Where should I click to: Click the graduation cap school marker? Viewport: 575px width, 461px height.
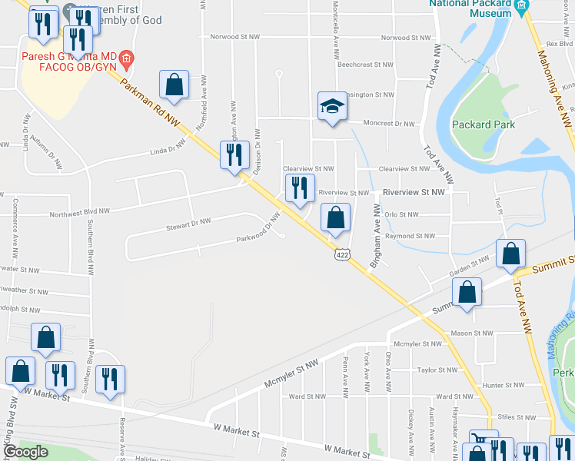(x=332, y=106)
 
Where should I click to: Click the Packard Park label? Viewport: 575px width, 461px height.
(x=484, y=124)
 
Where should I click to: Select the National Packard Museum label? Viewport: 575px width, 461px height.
(x=471, y=8)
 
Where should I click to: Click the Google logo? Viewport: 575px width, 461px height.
(x=25, y=452)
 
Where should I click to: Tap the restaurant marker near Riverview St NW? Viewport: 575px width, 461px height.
(x=300, y=187)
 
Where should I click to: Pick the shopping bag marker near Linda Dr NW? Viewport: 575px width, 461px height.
(x=174, y=85)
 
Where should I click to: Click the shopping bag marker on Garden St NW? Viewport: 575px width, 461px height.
(x=510, y=254)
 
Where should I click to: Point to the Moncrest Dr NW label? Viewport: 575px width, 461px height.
(x=388, y=123)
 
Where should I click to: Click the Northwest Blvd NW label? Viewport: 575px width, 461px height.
(x=80, y=211)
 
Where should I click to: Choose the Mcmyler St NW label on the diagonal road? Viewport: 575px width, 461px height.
(x=291, y=374)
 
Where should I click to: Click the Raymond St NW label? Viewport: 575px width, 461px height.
(x=410, y=236)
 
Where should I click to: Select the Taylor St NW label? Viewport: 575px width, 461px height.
(x=437, y=370)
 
